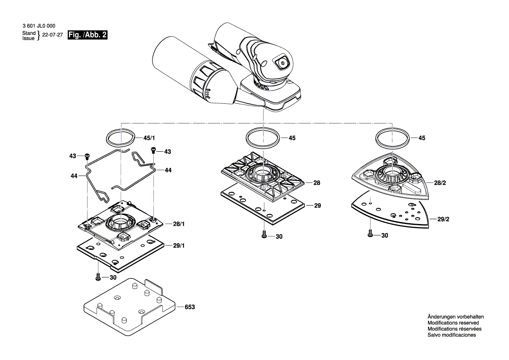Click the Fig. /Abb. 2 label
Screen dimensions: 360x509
(x=88, y=35)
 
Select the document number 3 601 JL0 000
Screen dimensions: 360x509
(x=38, y=26)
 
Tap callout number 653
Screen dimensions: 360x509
(x=189, y=307)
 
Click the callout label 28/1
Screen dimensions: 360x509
(x=179, y=224)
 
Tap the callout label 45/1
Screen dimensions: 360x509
(x=149, y=138)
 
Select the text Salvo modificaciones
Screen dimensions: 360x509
(x=452, y=335)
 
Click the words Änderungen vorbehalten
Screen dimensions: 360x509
(x=455, y=317)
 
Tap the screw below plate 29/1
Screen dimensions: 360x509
(x=98, y=276)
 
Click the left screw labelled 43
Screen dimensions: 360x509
(x=87, y=156)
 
